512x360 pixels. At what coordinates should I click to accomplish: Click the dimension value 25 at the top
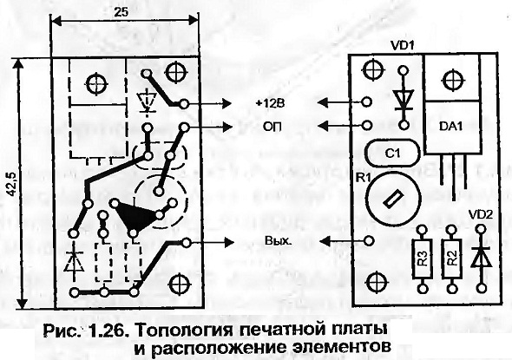(121, 12)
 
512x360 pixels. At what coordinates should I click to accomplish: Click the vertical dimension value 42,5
(12, 185)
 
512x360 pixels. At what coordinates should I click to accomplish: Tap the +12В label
(271, 103)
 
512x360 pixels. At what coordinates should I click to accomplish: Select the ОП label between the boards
(273, 127)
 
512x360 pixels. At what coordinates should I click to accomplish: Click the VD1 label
(403, 46)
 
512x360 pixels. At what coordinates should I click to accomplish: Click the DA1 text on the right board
(451, 127)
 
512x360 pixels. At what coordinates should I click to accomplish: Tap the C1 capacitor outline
(392, 153)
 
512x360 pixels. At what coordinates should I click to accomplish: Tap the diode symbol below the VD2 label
(481, 258)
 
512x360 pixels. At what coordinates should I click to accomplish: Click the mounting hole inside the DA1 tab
(453, 80)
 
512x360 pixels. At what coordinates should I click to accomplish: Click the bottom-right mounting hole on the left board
(180, 285)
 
